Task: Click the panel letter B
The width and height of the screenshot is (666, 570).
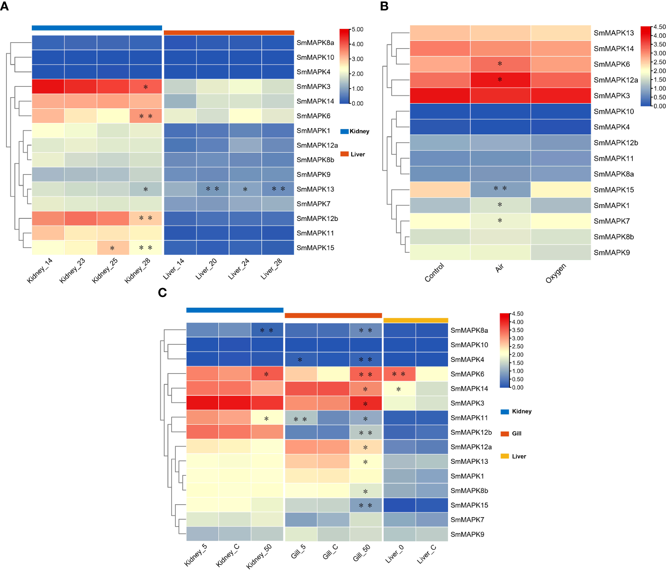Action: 384,6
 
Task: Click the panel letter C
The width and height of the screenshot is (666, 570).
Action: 162,293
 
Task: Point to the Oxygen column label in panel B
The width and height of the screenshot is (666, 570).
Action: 556,273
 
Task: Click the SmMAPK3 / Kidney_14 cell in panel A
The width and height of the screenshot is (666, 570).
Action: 48,86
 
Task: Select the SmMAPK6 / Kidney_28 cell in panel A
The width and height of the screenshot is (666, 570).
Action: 145,116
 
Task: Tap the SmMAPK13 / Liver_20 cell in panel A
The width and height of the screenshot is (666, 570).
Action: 212,189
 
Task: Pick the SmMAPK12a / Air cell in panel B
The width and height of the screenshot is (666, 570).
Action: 500,80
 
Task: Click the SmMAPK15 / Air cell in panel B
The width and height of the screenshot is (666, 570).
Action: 500,190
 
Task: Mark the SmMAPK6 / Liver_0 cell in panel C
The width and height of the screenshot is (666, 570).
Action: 399,374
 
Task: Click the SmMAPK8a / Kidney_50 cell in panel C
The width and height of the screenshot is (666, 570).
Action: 267,330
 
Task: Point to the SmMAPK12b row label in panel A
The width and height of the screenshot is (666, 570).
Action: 317,218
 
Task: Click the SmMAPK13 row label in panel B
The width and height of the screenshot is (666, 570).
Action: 614,33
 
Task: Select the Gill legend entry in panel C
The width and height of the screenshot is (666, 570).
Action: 516,433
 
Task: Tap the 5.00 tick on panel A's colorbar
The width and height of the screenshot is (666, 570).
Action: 358,29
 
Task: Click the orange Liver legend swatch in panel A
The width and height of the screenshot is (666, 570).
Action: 344,154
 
